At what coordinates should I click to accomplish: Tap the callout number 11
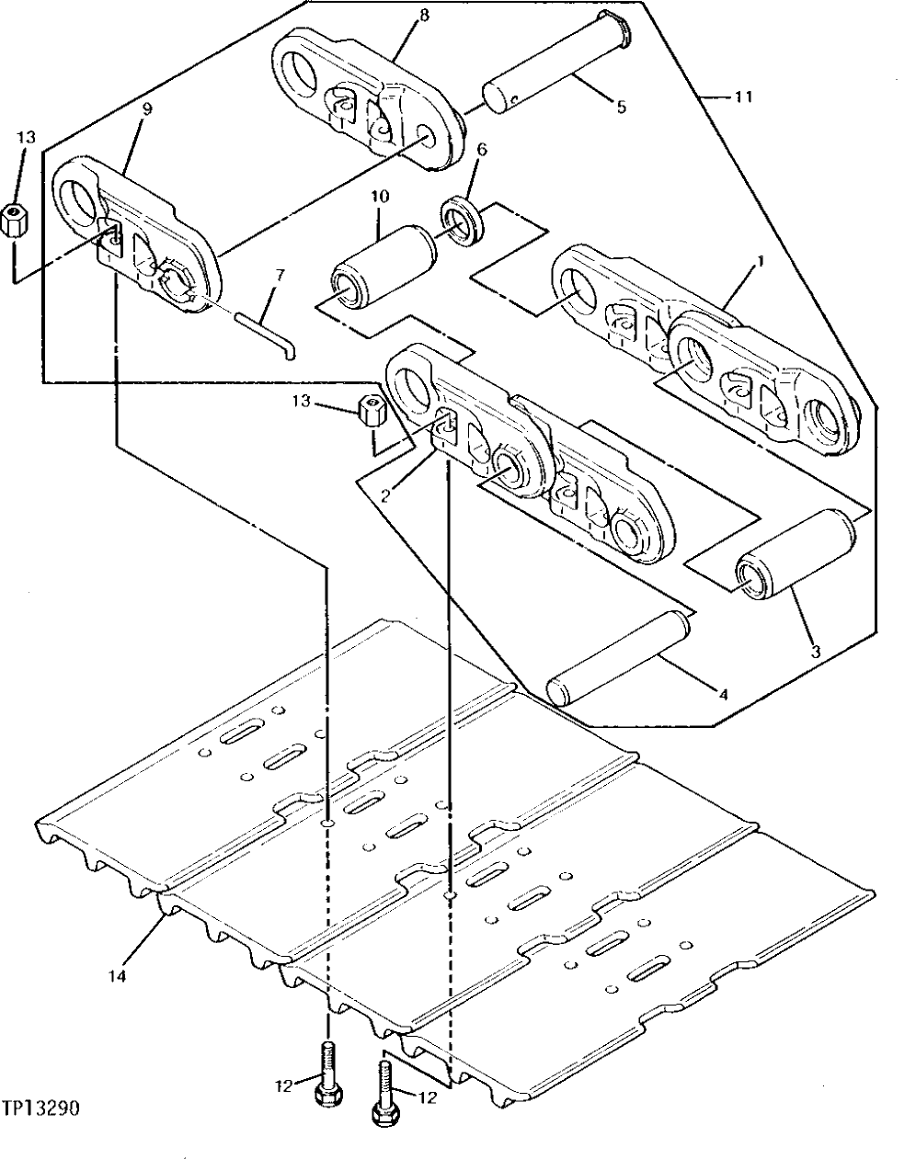(x=743, y=97)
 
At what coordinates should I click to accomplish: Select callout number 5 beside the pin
(x=621, y=108)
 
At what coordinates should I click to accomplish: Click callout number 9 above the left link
(x=146, y=108)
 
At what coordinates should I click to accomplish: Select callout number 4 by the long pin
(x=722, y=695)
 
